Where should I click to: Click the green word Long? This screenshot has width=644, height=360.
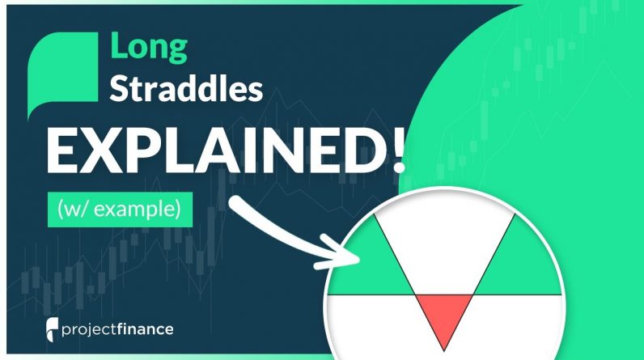(x=149, y=48)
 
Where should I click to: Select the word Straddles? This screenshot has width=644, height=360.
(x=186, y=89)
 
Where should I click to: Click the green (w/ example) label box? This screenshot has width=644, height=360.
(x=120, y=210)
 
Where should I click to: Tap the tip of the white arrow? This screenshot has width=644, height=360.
(x=359, y=260)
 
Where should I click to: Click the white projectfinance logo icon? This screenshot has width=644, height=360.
(x=52, y=329)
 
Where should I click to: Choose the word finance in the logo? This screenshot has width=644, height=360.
(x=145, y=329)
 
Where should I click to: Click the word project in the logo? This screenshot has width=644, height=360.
(x=89, y=330)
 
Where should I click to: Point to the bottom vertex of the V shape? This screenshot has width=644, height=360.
(x=444, y=351)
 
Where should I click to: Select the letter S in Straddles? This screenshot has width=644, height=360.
(x=120, y=88)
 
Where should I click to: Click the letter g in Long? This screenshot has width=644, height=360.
(x=177, y=52)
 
